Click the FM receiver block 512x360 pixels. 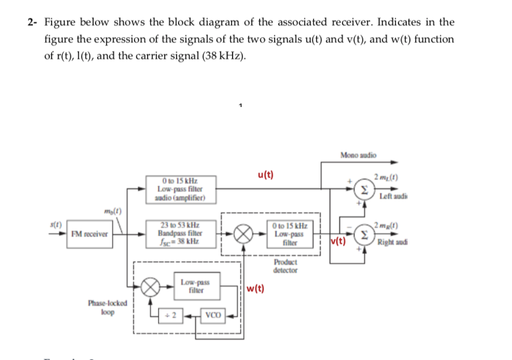89,234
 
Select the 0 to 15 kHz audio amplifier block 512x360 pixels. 180,189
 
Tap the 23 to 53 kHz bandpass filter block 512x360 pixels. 180,233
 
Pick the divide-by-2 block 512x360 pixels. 171,315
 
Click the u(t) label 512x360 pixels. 265,174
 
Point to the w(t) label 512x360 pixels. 255,288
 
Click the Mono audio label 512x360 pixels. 358,155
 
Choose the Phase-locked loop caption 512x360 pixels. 107,307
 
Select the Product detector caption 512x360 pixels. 285,266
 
